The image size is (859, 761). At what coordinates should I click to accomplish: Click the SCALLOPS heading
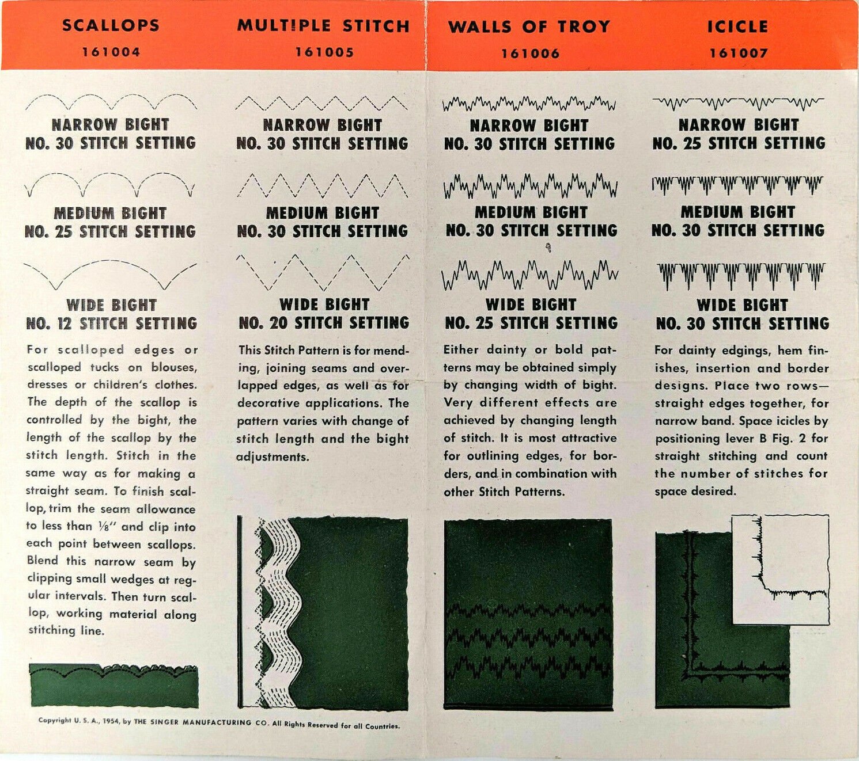tap(111, 25)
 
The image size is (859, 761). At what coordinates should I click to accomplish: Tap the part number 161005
tap(324, 52)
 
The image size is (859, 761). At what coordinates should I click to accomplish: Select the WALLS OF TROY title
tap(529, 26)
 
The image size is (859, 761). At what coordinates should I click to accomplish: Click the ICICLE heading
tap(737, 26)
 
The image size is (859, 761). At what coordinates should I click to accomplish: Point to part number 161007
tap(738, 53)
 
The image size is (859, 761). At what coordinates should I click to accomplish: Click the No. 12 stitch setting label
tap(111, 324)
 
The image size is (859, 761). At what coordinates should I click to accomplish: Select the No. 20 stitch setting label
tap(324, 323)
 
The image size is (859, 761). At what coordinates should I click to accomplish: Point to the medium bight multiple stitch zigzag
tap(323, 185)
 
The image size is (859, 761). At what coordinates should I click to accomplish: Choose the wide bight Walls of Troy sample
tap(529, 275)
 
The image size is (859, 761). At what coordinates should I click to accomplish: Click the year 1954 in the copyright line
tap(111, 721)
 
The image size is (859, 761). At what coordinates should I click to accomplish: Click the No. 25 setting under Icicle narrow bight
tap(739, 143)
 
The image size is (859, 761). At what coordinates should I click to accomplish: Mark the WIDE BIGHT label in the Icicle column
tap(742, 305)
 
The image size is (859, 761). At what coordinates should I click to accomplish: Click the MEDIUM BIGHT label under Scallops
tap(110, 213)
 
